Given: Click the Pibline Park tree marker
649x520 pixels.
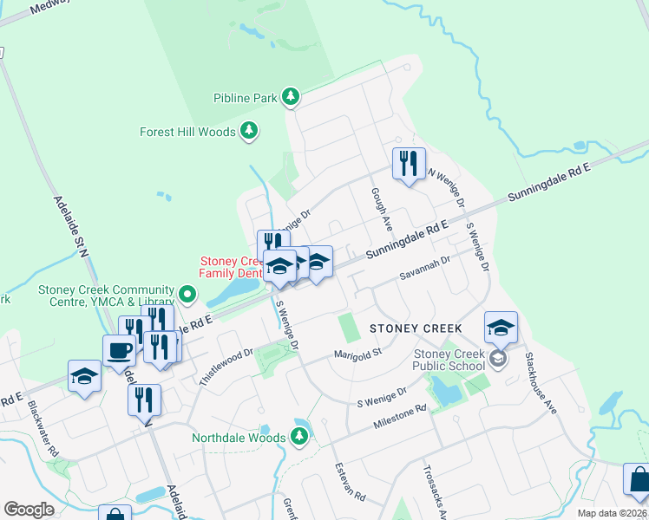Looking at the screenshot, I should [292, 97].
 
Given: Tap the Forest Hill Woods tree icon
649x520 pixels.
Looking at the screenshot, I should [249, 132].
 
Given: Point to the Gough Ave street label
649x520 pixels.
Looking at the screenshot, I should [382, 209].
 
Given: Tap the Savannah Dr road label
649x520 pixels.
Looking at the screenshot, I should [424, 267].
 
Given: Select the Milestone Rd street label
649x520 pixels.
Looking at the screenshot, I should [400, 415].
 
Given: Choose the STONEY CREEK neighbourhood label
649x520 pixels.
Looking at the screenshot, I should [416, 328].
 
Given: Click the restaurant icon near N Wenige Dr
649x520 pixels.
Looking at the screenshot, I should [407, 163].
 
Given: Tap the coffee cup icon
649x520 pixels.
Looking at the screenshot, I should [118, 351].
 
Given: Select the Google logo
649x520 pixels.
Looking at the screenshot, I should [29, 510].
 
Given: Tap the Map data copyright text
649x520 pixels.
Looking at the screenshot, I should [611, 513].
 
